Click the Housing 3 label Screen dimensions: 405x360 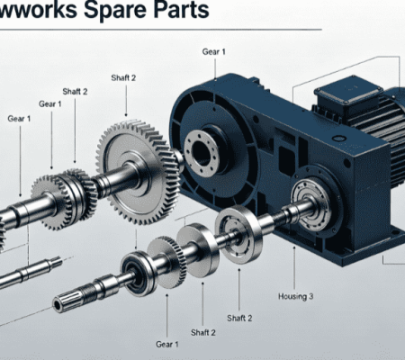tap(295, 296)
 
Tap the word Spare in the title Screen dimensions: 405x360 tap(115, 10)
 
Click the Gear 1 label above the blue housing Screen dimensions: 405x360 tap(213, 51)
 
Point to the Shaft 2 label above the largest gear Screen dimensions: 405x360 tap(123, 77)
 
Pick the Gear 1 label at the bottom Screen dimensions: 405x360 tap(167, 344)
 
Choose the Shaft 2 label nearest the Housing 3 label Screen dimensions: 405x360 tap(239, 318)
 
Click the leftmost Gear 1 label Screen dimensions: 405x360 tap(19, 119)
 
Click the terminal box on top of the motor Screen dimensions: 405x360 tap(348, 91)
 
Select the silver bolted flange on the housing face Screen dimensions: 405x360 tap(202, 153)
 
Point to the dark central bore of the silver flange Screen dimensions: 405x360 tap(201, 153)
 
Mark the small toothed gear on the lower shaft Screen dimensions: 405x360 tap(168, 261)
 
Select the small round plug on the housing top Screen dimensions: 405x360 tap(339, 139)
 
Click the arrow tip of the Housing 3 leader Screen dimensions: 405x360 tap(294, 247)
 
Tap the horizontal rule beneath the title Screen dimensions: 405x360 tap(161, 30)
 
